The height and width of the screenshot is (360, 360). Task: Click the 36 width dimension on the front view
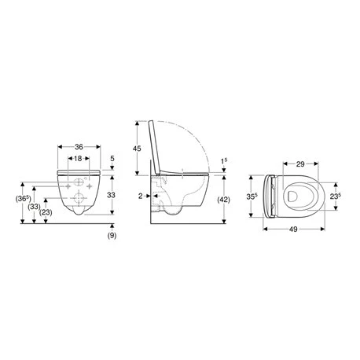[x=79, y=147]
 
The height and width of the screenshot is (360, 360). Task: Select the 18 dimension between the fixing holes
[x=78, y=158]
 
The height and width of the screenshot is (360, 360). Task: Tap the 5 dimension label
[x=112, y=158]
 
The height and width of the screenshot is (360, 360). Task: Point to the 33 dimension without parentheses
[x=112, y=195]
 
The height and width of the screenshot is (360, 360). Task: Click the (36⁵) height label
[x=23, y=199]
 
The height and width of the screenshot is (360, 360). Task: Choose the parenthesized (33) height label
[x=35, y=207]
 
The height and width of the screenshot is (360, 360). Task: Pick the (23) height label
[x=46, y=212]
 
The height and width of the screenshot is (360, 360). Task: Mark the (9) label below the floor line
[x=112, y=235]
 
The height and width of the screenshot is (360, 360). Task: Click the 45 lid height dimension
[x=137, y=149]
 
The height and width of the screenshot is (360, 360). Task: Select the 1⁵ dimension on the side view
[x=224, y=161]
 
